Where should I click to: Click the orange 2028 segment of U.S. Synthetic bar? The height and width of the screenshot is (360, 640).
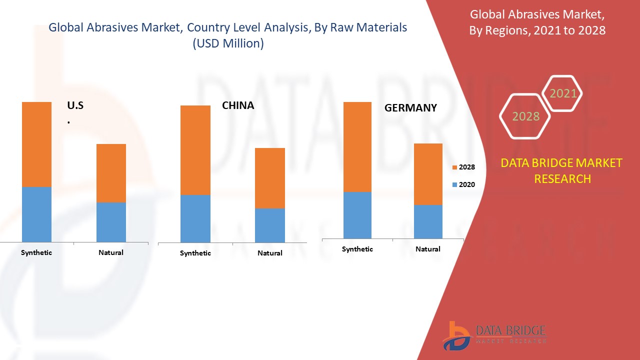[x=36, y=144]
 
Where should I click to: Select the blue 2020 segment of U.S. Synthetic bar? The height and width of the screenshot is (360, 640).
[x=36, y=214]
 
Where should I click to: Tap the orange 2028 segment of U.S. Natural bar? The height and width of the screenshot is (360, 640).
[x=111, y=173]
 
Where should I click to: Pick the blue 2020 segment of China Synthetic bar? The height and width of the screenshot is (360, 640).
[x=195, y=218]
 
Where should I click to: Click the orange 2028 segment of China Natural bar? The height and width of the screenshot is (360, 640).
[x=270, y=178]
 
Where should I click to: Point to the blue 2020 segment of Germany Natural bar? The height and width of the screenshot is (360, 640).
[x=428, y=221]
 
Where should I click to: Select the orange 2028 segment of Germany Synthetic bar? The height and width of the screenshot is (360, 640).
[x=357, y=147]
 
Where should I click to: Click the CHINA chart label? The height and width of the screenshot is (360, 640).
[x=238, y=105]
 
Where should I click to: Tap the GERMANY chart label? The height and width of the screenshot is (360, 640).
[x=410, y=107]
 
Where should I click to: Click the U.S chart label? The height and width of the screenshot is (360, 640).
[x=75, y=105]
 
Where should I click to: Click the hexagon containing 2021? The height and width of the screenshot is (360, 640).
[x=563, y=93]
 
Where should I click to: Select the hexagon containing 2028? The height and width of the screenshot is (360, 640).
[x=525, y=116]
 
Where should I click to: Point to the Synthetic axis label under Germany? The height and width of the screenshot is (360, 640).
[x=357, y=249]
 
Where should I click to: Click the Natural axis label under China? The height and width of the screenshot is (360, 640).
[x=270, y=253]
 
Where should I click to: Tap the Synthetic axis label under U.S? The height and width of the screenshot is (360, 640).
[x=36, y=252]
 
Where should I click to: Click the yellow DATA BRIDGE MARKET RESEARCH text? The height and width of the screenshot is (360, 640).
[x=562, y=170]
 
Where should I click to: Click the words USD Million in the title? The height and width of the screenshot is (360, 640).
[x=228, y=43]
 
